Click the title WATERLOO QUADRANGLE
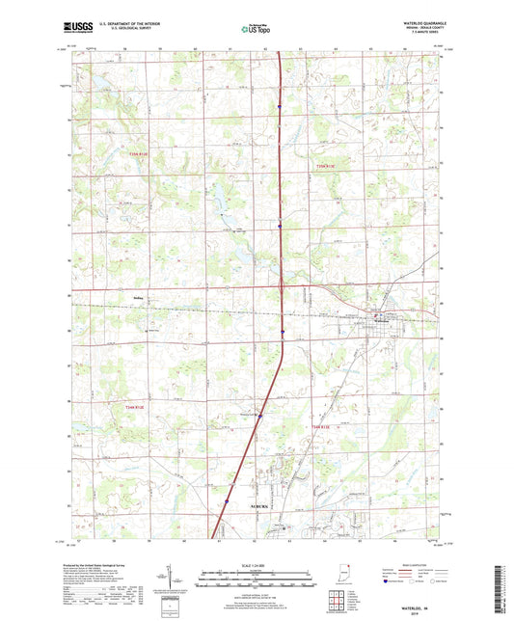point(417,20)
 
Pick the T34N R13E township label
point(321,426)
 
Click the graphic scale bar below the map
point(256,580)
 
